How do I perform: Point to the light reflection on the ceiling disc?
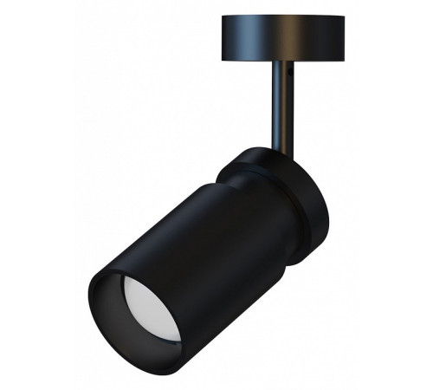pyautogui.click(x=260, y=39)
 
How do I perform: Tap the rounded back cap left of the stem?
pyautogui.click(x=242, y=165)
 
